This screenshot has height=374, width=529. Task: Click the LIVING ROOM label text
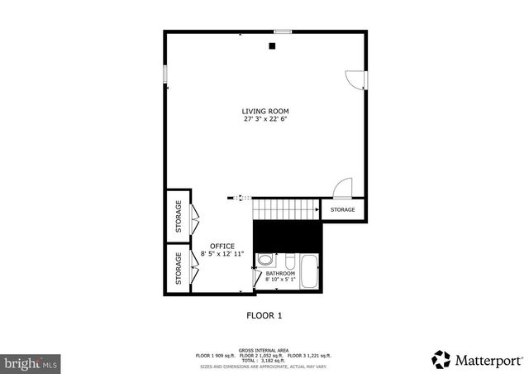point(265,111)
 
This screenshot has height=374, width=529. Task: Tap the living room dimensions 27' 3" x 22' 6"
point(265,119)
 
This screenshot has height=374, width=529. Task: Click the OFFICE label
point(222,246)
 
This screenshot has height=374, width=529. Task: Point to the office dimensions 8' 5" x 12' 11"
point(222,254)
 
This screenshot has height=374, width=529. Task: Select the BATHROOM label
point(280,273)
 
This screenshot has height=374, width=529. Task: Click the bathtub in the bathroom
point(310,271)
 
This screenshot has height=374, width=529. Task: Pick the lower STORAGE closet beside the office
point(178,268)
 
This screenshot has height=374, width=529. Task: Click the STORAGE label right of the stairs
point(342,210)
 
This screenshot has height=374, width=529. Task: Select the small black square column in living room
point(272,46)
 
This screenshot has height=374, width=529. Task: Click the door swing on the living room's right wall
point(355,80)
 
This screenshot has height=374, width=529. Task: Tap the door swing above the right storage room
point(344,189)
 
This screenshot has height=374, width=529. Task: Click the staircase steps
point(286,210)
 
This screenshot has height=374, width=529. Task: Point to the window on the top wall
point(283,32)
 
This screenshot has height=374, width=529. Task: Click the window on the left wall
point(165,74)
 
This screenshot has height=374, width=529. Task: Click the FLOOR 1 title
point(264,315)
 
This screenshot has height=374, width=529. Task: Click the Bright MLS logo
point(31,362)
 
